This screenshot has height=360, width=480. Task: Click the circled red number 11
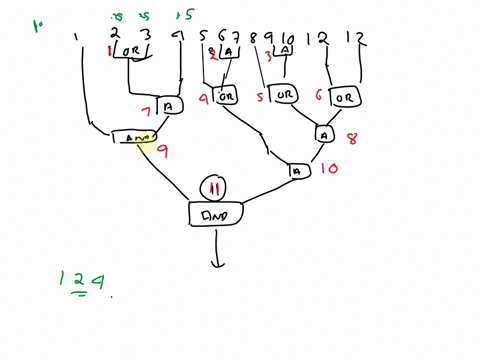pos(213,186)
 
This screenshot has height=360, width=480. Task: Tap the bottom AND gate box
pos(217,213)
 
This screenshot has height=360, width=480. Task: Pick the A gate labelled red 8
pos(326,134)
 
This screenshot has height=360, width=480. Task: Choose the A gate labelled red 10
pos(297,172)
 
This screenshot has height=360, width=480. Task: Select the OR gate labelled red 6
pos(344,98)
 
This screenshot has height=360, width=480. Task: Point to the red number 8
pos(351,140)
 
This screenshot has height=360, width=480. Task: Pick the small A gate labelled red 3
pos(286,51)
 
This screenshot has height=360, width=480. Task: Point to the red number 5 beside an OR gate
pos(260,98)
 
